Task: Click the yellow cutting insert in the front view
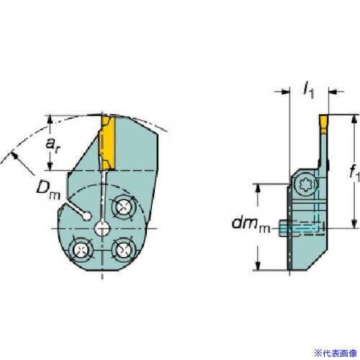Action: [x=107, y=140]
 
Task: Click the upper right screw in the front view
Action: [x=125, y=207]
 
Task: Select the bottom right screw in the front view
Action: [x=125, y=251]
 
